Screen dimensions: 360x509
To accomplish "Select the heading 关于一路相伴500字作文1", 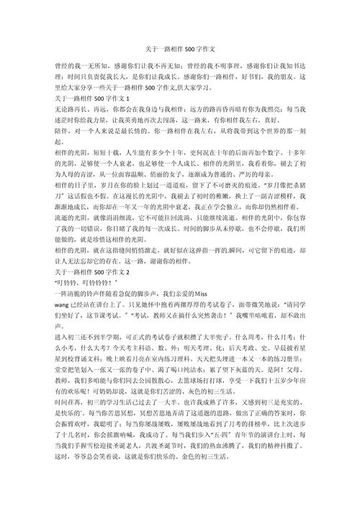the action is [91, 96].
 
